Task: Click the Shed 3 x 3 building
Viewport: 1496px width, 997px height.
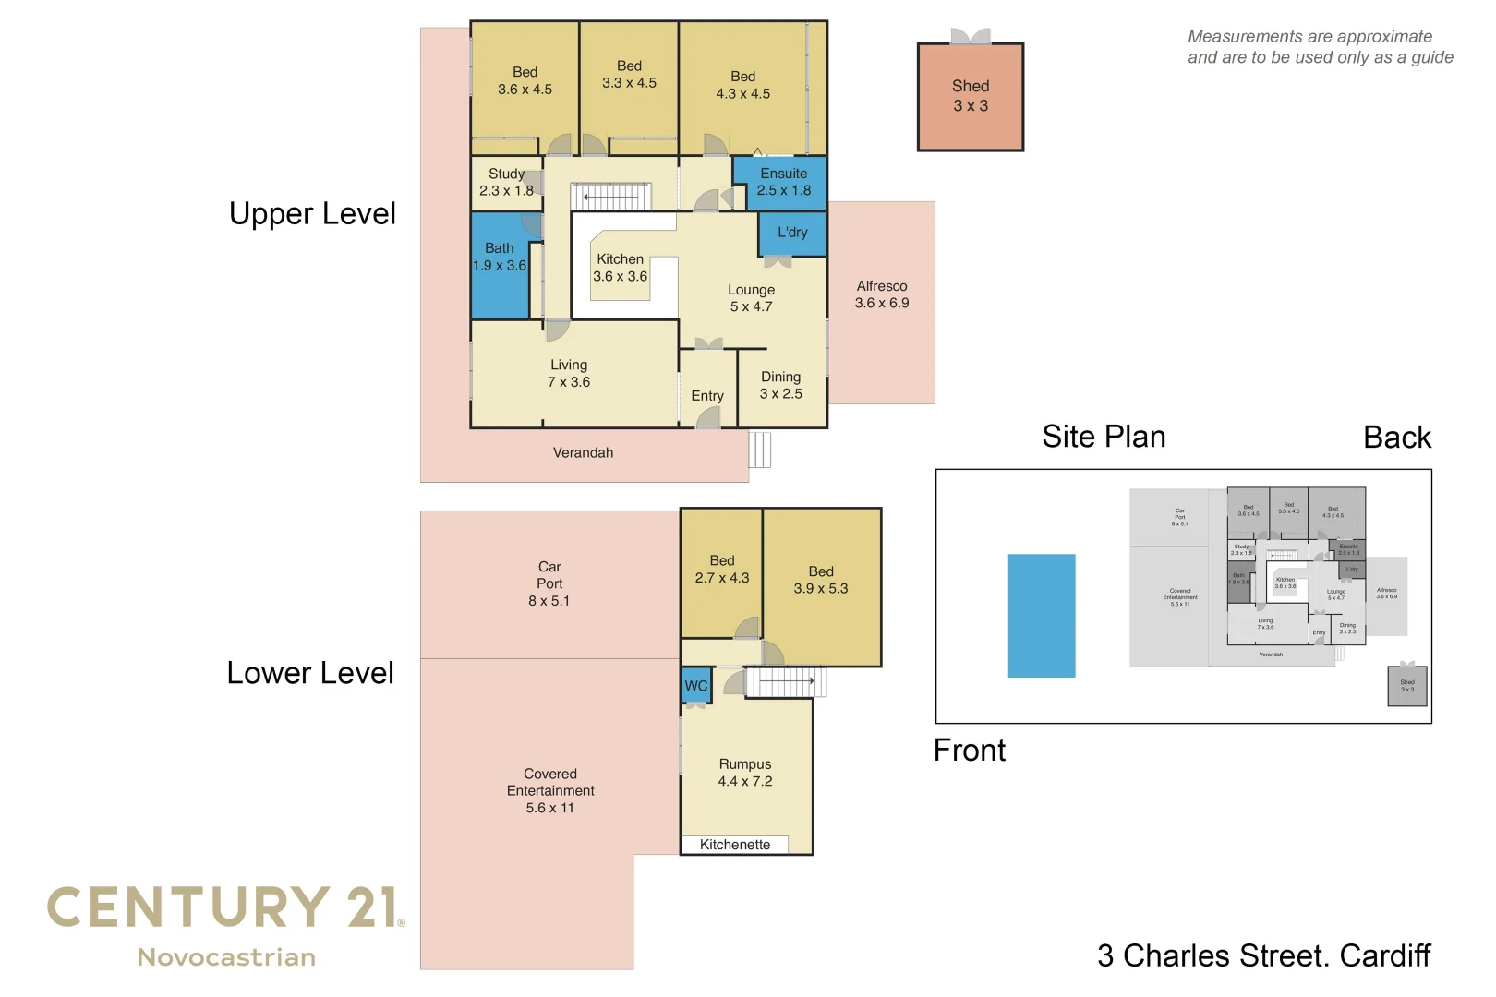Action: tap(970, 96)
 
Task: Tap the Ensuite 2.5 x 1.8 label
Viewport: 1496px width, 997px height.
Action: tap(783, 182)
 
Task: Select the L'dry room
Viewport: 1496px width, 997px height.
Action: tap(791, 233)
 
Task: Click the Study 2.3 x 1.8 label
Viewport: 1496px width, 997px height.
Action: tap(506, 182)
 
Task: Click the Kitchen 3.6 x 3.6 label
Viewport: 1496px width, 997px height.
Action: tap(620, 268)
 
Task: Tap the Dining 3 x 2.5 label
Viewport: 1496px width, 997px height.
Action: tap(780, 385)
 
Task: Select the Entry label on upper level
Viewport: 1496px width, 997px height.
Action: tap(707, 396)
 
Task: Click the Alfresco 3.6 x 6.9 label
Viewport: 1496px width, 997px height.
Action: tap(881, 294)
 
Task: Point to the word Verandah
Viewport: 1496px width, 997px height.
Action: tap(583, 452)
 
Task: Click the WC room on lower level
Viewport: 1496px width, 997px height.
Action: tap(696, 686)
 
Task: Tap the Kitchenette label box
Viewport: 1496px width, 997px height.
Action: tap(735, 845)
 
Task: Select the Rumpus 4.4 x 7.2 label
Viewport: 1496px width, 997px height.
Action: tap(745, 773)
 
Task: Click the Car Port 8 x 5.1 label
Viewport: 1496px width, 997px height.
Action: tap(549, 583)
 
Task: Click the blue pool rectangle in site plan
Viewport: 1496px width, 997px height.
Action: tap(1041, 616)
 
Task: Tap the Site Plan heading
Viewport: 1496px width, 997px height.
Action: tap(1104, 437)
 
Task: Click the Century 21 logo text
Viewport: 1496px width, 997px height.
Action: tap(224, 908)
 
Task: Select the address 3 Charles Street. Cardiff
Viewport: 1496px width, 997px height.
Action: tap(1263, 955)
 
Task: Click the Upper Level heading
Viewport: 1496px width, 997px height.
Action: tap(312, 214)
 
